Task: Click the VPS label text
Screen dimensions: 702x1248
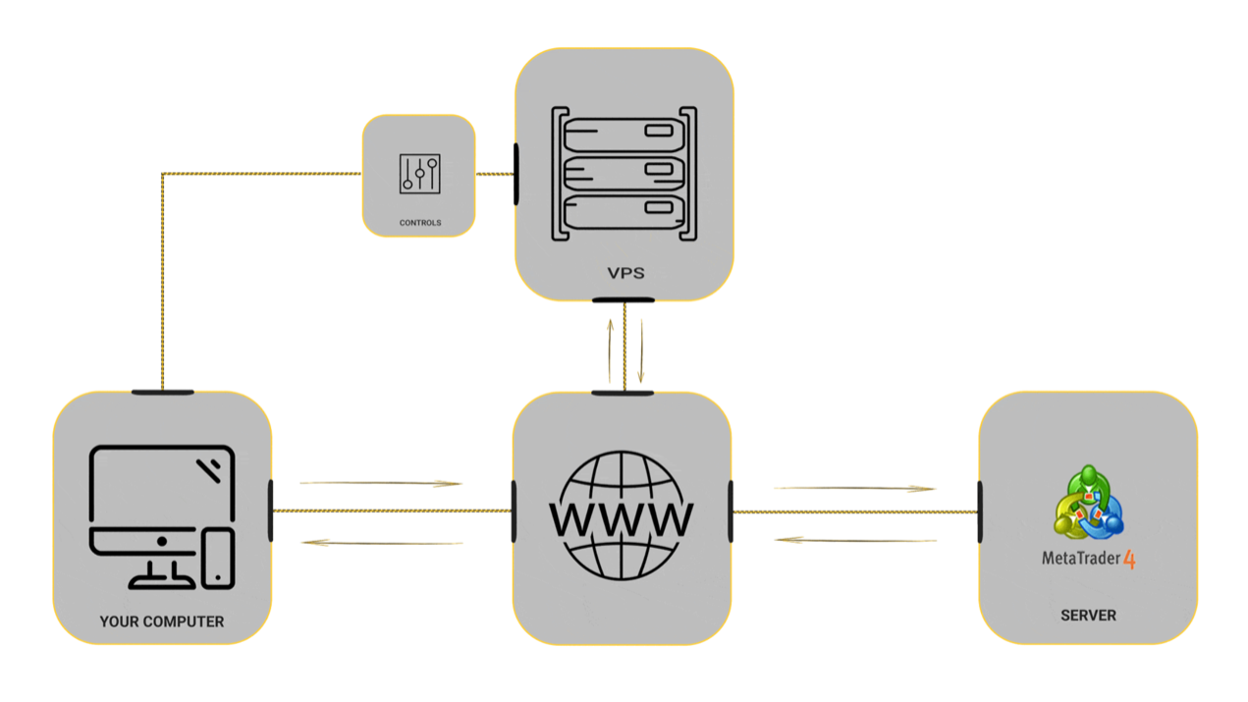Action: (625, 273)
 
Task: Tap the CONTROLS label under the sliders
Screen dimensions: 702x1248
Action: (420, 223)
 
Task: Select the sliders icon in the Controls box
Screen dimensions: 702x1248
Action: (419, 174)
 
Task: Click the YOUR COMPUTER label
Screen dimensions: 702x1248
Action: (162, 621)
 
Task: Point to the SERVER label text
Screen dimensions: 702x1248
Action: (1088, 616)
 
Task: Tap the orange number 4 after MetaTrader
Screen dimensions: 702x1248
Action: (1129, 560)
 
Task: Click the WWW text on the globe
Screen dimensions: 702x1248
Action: (622, 517)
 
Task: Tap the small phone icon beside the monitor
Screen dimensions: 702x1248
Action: (218, 558)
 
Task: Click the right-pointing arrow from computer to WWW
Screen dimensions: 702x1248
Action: (381, 483)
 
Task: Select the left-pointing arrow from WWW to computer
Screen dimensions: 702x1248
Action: (381, 542)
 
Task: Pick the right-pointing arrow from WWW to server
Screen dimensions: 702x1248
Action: (854, 488)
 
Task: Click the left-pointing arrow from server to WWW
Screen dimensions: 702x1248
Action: (854, 540)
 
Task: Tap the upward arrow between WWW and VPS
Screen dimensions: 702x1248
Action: (610, 350)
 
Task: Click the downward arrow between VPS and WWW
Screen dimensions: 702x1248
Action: (641, 350)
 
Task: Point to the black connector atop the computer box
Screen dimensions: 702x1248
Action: (162, 393)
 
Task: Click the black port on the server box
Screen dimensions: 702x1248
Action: (980, 512)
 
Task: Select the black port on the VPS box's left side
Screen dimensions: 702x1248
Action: (516, 174)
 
